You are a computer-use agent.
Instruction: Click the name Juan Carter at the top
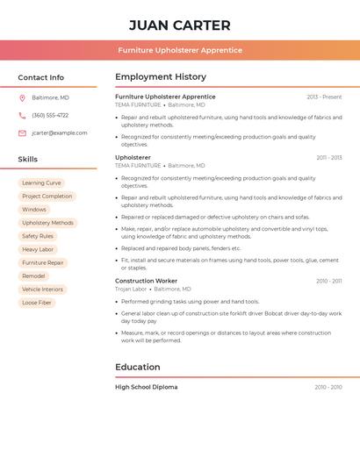pos(179,25)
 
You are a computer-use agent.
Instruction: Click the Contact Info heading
pos(41,77)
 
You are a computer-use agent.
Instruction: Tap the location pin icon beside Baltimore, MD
pos(22,97)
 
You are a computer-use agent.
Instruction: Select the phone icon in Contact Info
pos(22,115)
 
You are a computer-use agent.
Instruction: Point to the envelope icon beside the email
pos(22,133)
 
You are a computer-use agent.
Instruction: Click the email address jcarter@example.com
pos(60,133)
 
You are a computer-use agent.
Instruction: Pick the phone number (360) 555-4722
pos(50,115)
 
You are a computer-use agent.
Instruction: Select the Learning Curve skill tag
pos(41,183)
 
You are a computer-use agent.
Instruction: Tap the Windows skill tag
pos(34,210)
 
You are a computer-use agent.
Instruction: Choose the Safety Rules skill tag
pos(38,236)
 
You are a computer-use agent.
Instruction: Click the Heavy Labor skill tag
pos(38,249)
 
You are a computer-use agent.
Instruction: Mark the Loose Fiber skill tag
pos(37,303)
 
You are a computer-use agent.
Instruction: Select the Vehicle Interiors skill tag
pos(42,290)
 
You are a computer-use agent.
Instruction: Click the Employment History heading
pos(161,77)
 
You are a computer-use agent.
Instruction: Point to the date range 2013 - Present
pos(324,97)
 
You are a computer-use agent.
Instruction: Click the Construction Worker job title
pos(146,281)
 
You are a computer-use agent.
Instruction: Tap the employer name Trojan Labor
pos(131,289)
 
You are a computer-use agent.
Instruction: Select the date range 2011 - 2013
pos(329,158)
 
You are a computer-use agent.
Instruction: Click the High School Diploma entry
pos(146,387)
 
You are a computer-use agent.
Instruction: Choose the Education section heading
pos(138,367)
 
